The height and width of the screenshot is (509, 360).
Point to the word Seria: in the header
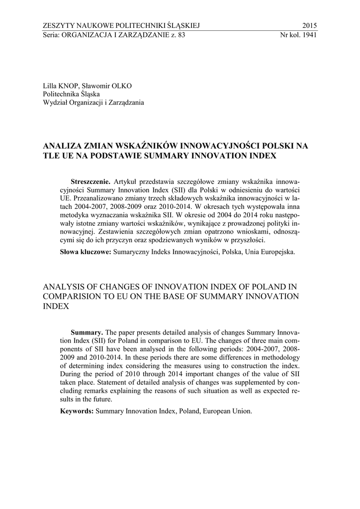pos(52,35)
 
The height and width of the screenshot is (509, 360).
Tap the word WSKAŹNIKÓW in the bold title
pos(146,146)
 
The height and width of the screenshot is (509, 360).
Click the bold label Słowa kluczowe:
pos(85,252)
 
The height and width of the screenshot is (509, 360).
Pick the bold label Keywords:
pos(77,411)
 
